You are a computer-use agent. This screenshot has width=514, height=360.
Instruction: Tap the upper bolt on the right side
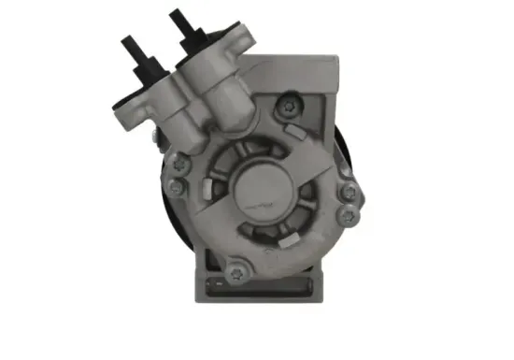pyautogui.click(x=348, y=194)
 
